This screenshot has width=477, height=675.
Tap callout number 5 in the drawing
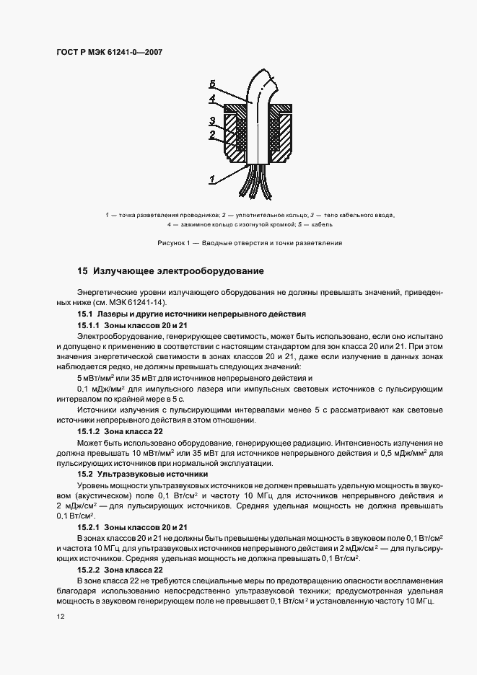click(x=212, y=84)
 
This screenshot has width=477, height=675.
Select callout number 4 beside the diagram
click(x=212, y=98)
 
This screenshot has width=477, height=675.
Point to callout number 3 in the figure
click(x=212, y=120)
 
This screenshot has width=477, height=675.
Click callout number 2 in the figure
click(x=212, y=134)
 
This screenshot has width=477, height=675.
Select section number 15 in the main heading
click(x=82, y=272)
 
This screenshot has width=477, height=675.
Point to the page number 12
click(x=60, y=617)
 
